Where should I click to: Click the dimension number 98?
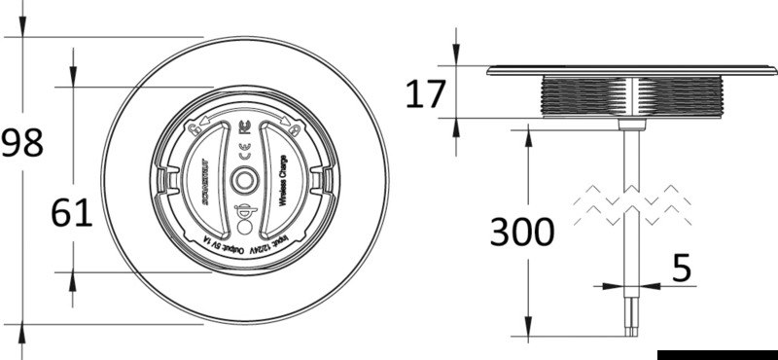[x=22, y=144]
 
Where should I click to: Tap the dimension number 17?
[x=425, y=94]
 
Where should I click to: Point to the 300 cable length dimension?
[x=521, y=232]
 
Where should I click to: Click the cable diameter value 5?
[x=683, y=270]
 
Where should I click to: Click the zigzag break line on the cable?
[x=632, y=205]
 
